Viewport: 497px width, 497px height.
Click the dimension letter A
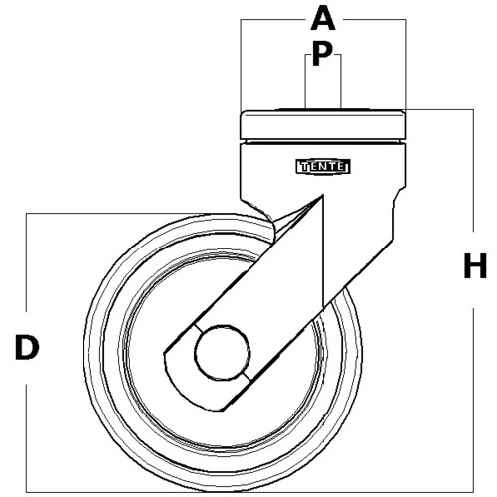pos(323,19)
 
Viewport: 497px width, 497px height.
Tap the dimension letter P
pos(322,54)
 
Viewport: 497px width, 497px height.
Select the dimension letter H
pos(475,265)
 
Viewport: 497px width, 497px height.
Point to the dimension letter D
pos(27,347)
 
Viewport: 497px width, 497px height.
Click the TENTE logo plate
pos(323,166)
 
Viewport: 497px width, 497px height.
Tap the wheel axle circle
pos(223,352)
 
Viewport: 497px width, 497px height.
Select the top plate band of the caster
pos(323,125)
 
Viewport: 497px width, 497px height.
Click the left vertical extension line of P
pos(305,82)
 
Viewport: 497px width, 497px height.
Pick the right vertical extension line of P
pos(341,82)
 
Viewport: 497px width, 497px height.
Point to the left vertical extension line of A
pos(241,65)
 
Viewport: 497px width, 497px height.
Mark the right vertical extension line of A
pos(406,65)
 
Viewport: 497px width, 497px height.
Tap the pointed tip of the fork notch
pos(322,196)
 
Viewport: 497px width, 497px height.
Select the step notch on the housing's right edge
pos(399,196)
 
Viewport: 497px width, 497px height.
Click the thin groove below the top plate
pos(323,142)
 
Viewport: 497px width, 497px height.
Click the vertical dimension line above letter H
pos(473,170)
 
